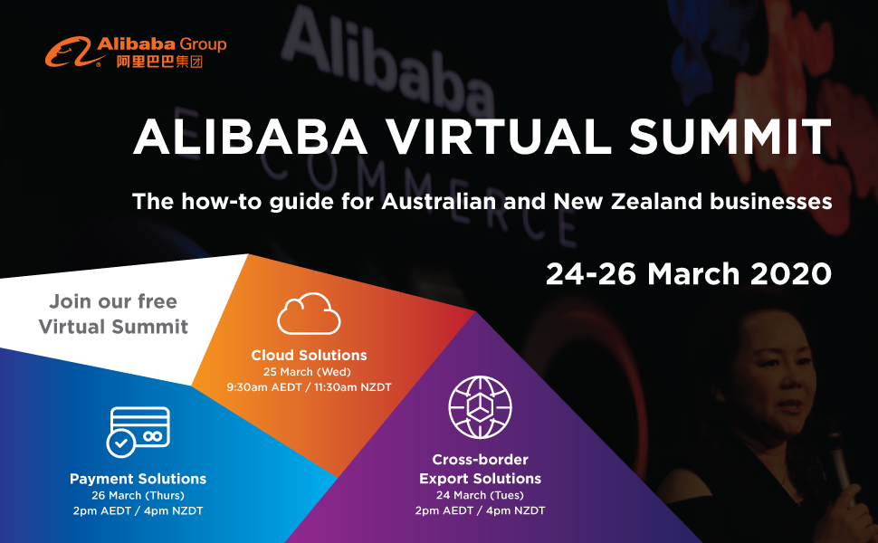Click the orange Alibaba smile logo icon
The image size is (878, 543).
click(68, 52)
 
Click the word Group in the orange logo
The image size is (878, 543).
click(204, 44)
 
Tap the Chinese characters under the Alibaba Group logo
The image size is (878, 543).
click(159, 62)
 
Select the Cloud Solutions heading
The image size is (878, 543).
click(309, 355)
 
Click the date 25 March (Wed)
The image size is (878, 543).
click(308, 372)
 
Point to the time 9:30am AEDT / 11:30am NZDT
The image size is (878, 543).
click(309, 386)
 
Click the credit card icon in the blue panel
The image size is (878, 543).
click(138, 432)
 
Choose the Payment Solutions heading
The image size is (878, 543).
click(138, 479)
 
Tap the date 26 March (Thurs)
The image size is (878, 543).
click(138, 495)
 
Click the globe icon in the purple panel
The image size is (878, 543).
click(480, 407)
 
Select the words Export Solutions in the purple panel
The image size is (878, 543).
click(480, 479)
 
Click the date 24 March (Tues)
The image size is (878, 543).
click(480, 495)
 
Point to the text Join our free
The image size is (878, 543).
click(113, 301)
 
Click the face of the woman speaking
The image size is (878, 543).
click(778, 381)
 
